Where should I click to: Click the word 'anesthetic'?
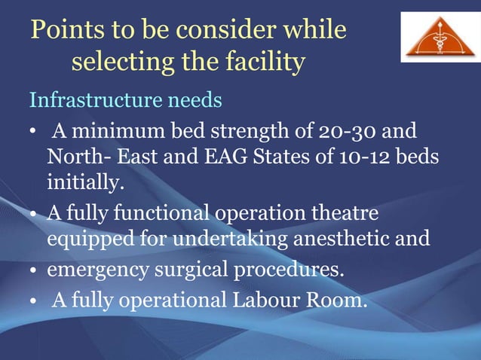(346, 239)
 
